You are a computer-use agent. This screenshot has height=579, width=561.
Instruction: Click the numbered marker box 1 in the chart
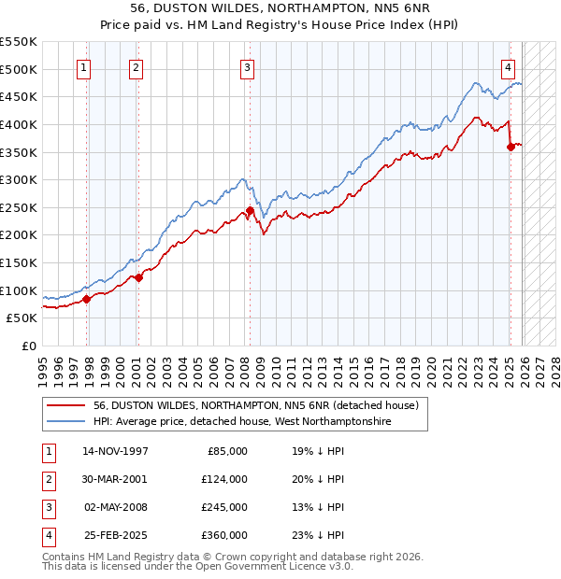pyautogui.click(x=84, y=67)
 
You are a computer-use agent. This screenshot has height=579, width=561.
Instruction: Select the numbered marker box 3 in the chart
pyautogui.click(x=247, y=67)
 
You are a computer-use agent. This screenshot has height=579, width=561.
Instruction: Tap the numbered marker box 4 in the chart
pyautogui.click(x=508, y=67)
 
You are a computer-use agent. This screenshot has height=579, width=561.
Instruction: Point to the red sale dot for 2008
pyautogui.click(x=250, y=210)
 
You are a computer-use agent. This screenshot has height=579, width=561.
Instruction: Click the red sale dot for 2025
pyautogui.click(x=511, y=147)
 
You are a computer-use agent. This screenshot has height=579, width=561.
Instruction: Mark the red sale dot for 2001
pyautogui.click(x=138, y=277)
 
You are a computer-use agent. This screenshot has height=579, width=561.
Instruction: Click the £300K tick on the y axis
pyautogui.click(x=19, y=179)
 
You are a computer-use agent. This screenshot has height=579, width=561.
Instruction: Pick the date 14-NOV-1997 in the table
pyautogui.click(x=115, y=451)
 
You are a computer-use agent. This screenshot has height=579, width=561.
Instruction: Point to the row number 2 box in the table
pyautogui.click(x=47, y=479)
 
